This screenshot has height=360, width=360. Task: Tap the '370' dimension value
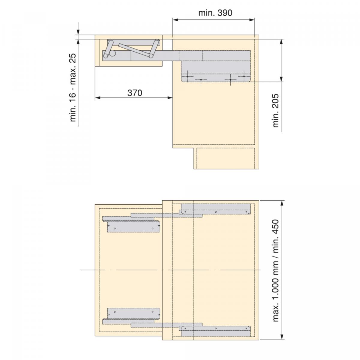tap(135, 93)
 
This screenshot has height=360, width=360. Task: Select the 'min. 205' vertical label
tap(276, 111)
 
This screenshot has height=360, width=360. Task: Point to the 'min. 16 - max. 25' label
tap(73, 88)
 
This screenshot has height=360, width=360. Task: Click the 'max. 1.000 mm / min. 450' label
tap(276, 271)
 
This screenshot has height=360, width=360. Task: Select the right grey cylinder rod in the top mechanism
tap(154, 49)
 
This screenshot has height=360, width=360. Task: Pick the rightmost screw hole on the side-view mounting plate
tap(244, 76)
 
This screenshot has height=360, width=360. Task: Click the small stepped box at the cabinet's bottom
tap(226, 158)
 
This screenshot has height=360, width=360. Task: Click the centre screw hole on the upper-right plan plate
tap(216, 212)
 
